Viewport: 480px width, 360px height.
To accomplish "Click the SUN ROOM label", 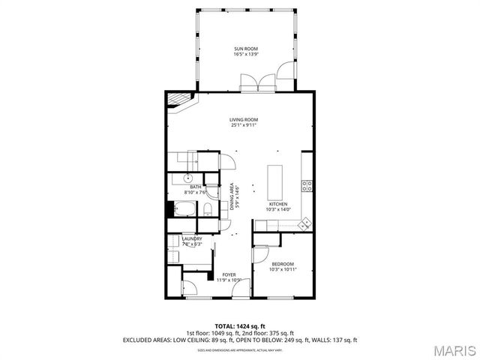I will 245,51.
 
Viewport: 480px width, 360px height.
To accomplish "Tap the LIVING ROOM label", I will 244,122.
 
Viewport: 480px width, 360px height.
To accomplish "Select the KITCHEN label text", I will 279,206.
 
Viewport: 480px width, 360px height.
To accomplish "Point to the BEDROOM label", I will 283,265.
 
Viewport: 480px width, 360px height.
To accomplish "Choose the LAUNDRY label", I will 193,241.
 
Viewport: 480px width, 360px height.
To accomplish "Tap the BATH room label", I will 196,189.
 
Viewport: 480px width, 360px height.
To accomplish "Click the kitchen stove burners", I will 307,185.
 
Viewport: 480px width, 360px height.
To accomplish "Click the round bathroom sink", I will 187,178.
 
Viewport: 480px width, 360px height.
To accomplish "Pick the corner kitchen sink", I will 304,223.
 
